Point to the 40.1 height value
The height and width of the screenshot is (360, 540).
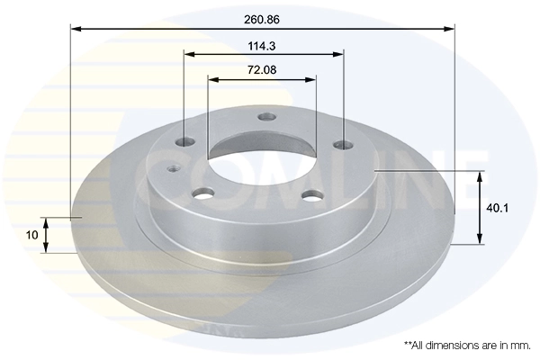pos(497,206)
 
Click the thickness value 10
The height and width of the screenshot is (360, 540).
pos(32,235)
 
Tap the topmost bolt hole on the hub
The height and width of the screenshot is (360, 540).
pos(265,116)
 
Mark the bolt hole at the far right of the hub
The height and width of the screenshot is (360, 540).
pos(341,144)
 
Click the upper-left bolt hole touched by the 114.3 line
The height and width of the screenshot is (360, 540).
pos(185,141)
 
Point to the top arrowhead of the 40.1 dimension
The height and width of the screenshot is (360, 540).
pos(480,175)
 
